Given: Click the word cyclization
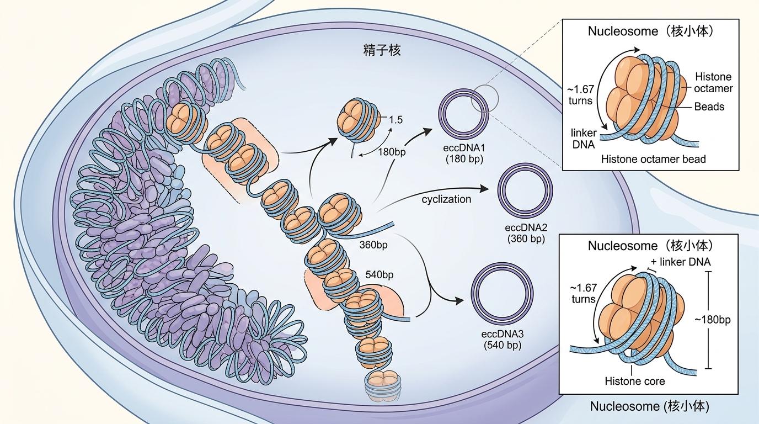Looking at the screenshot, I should click(x=446, y=199).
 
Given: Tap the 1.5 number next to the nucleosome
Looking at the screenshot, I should click(x=395, y=119).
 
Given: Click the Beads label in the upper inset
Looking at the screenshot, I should click(x=709, y=106).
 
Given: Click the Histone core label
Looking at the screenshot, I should click(x=635, y=381).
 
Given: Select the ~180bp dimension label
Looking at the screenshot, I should click(x=712, y=320).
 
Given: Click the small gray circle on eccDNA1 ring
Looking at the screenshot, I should click(x=485, y=98).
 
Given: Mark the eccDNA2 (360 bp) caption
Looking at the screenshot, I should click(x=525, y=233).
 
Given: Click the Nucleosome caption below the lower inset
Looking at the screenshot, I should click(x=649, y=407).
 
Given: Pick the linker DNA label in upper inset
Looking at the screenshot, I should click(x=583, y=139).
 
